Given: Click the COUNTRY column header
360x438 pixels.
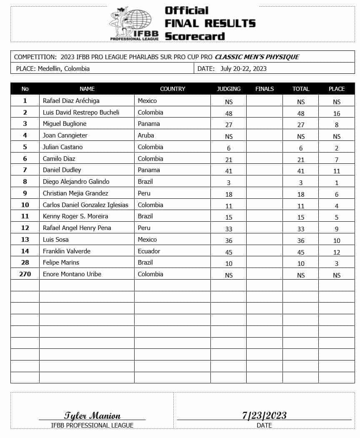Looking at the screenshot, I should (172, 89).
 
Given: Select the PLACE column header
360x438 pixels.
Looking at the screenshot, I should (336, 89).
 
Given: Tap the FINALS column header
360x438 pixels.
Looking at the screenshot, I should (265, 89).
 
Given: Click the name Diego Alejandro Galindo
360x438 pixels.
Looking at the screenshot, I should (76, 182).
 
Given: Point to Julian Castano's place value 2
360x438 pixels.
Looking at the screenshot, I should (337, 148).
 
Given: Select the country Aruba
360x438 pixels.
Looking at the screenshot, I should (146, 135).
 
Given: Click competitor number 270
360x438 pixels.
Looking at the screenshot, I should (25, 274).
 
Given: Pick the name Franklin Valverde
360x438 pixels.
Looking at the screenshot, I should (67, 251).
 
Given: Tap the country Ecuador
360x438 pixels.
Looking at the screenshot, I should (149, 251).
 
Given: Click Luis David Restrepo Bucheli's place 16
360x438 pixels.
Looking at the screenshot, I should (337, 113).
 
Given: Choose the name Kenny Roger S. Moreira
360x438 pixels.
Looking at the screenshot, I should (75, 216).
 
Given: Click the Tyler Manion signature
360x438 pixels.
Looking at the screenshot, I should (92, 415).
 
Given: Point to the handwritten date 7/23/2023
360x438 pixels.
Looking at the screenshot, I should (264, 415).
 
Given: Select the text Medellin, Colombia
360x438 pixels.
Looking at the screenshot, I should (64, 69).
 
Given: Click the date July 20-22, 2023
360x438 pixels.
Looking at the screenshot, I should (243, 69).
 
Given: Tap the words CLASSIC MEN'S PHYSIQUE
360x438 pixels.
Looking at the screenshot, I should (257, 57).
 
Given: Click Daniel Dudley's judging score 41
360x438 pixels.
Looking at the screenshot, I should (229, 171).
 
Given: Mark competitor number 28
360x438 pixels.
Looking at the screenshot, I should (25, 263).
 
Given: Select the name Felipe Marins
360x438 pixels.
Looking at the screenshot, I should (61, 263).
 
